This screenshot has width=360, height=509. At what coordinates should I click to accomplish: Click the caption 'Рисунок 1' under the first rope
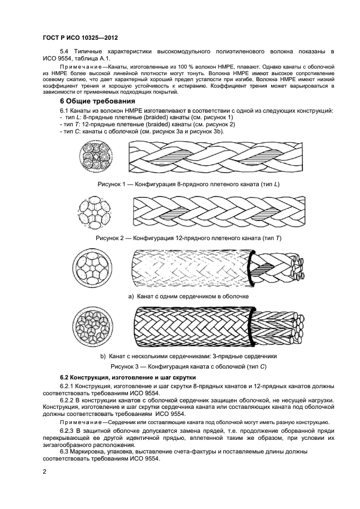[x=188, y=184]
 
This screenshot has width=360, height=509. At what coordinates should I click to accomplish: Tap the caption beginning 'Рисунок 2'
[x=188, y=238]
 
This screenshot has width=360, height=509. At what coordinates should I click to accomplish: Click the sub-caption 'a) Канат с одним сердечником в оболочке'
[x=188, y=297]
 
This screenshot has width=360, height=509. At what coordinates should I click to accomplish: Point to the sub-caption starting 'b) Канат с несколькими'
[x=188, y=356]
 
